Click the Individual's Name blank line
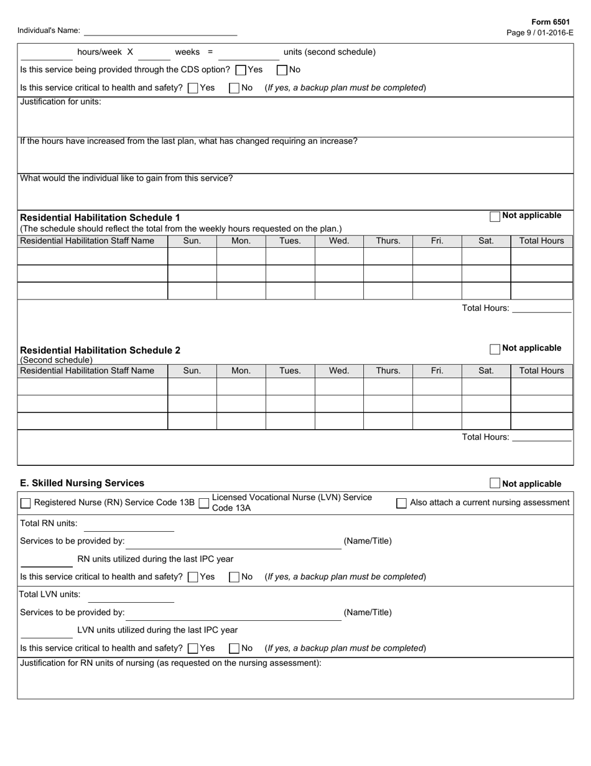coord(160,31)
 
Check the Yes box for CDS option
coord(241,70)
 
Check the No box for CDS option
coord(282,70)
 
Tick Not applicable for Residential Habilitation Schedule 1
coord(495,217)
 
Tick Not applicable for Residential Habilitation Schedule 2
coord(495,349)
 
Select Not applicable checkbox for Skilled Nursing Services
coord(495,483)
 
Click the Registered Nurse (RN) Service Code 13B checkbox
coord(26,503)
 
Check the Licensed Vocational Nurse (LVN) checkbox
coord(203,503)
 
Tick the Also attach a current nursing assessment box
coord(402,503)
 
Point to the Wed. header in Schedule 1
coord(338,241)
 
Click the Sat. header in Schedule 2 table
coord(486,371)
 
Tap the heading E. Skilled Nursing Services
coord(82,483)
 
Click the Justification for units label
coord(60,102)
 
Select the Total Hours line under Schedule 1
coord(541,308)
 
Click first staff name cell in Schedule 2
coord(93,386)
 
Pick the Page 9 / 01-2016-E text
coord(540,33)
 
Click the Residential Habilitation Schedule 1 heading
coord(100,217)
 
